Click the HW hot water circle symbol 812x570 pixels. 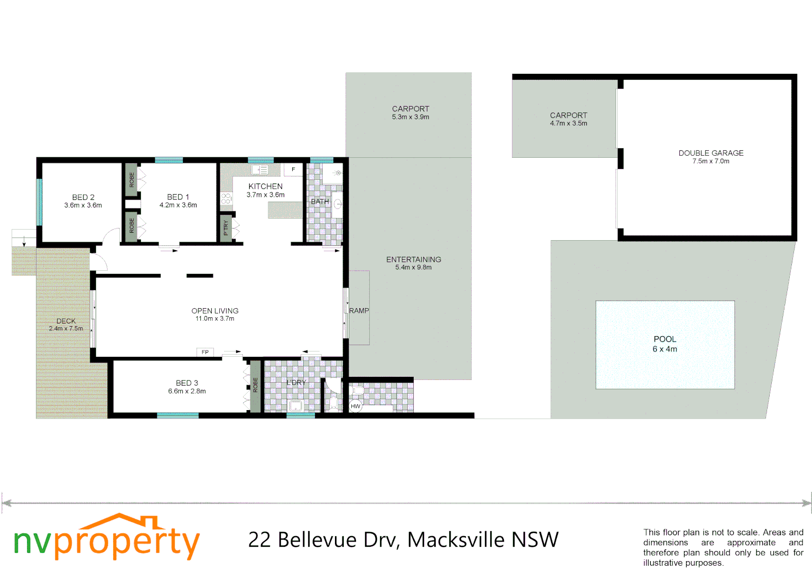[356, 406]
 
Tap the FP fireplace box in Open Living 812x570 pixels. [205, 352]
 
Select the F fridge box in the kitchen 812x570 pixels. [293, 169]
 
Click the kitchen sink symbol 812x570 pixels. [259, 170]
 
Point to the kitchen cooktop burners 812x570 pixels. [226, 198]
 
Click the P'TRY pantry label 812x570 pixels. [226, 228]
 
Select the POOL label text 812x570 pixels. [665, 339]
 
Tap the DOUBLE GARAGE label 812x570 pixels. [711, 153]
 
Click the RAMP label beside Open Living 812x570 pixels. [359, 310]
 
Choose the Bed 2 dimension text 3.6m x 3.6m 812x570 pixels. [83, 205]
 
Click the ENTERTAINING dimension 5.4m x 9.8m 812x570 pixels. [413, 267]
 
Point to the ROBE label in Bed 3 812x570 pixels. [256, 385]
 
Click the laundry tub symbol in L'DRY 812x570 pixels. [296, 406]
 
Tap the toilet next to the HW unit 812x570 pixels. [358, 391]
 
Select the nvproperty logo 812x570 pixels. [106, 538]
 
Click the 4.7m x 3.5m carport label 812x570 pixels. [568, 123]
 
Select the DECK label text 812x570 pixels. [66, 321]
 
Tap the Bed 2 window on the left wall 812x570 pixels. [39, 202]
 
